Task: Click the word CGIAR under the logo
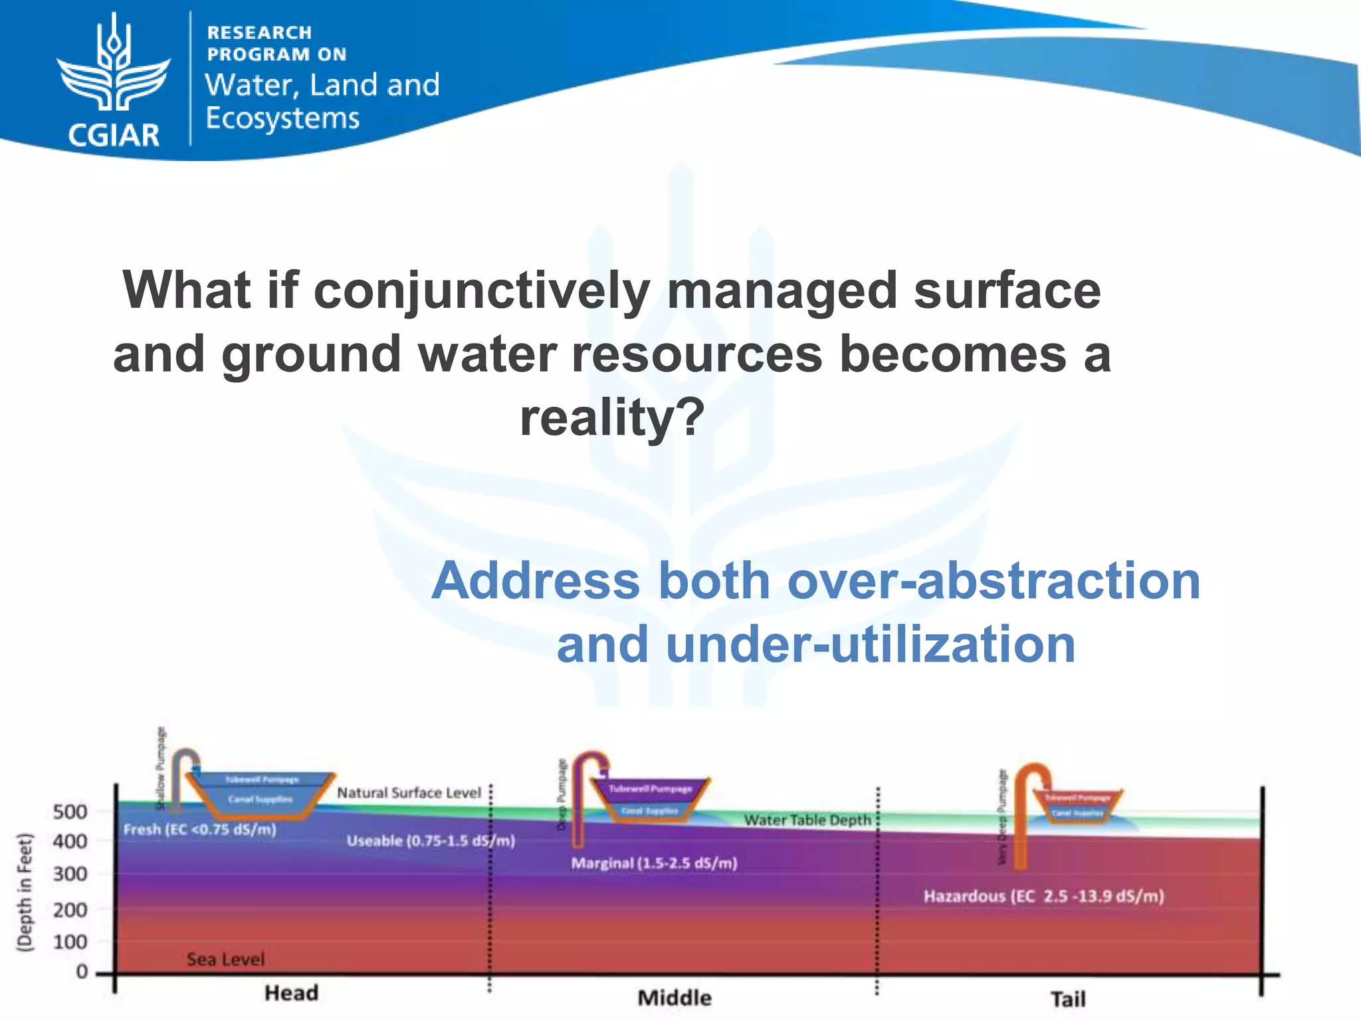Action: (x=114, y=135)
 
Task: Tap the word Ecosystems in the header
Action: (x=282, y=118)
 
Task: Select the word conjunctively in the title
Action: (x=481, y=290)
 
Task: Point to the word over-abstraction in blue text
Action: (x=994, y=581)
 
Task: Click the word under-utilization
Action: (x=871, y=645)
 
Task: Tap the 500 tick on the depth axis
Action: (x=70, y=812)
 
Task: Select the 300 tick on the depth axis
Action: (x=70, y=873)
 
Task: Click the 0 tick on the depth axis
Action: (x=82, y=972)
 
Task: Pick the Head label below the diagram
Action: (x=292, y=993)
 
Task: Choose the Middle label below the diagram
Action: (x=675, y=998)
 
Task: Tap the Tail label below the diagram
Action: (x=1068, y=999)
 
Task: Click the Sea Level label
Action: (x=225, y=959)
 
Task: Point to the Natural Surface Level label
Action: (x=409, y=793)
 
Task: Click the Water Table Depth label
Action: (x=807, y=820)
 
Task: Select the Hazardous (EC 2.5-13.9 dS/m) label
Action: (x=1043, y=896)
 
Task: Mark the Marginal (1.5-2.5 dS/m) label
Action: (x=654, y=863)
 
